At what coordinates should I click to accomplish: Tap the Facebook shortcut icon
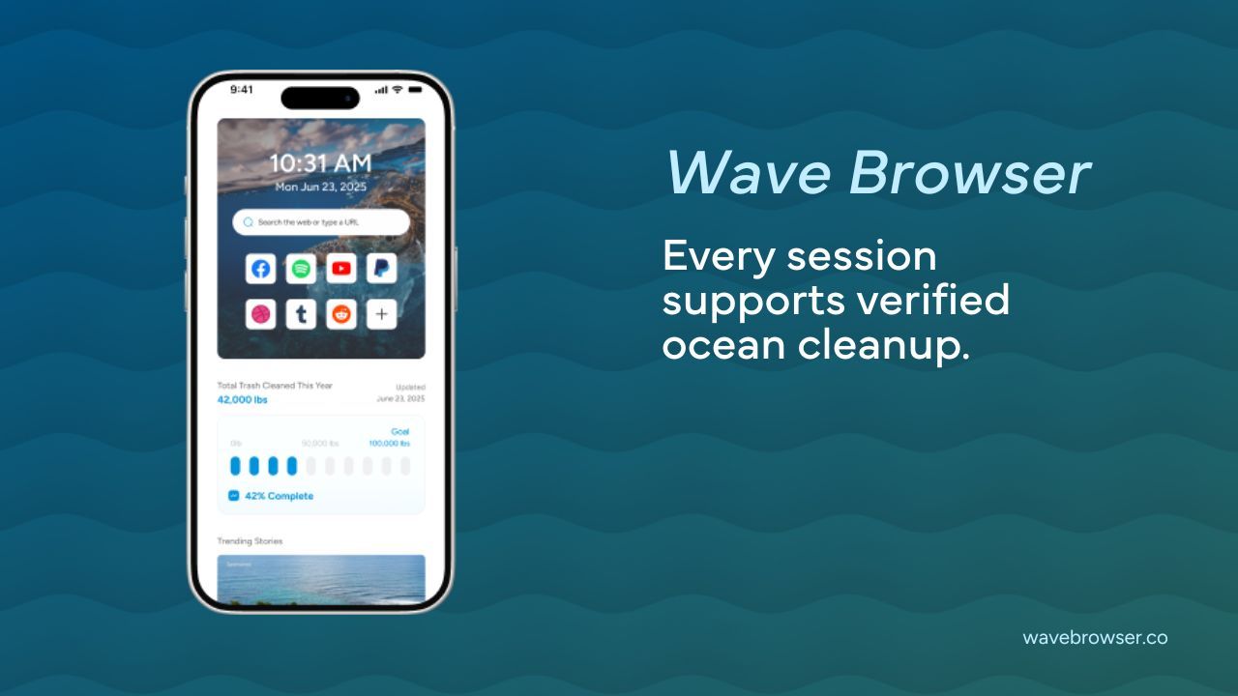[260, 269]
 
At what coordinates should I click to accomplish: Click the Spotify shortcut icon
[301, 269]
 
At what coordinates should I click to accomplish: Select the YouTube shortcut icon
[341, 269]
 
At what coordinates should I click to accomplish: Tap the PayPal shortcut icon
[382, 269]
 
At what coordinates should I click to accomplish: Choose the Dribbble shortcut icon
[260, 314]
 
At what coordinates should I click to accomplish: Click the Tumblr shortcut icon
[301, 314]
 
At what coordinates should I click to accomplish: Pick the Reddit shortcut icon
[341, 314]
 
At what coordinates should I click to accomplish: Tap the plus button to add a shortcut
[382, 314]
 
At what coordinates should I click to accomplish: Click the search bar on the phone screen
[321, 222]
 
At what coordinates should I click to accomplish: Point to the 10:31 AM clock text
[320, 163]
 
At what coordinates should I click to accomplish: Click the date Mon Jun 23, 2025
[320, 188]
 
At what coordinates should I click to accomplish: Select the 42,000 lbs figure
[243, 399]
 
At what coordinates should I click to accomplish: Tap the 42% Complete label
[279, 496]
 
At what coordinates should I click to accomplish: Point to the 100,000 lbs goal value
[389, 444]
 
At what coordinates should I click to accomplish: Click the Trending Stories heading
[250, 541]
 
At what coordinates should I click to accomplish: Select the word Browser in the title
[969, 174]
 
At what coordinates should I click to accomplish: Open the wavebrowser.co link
[1095, 638]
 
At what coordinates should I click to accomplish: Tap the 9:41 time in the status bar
[242, 90]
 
